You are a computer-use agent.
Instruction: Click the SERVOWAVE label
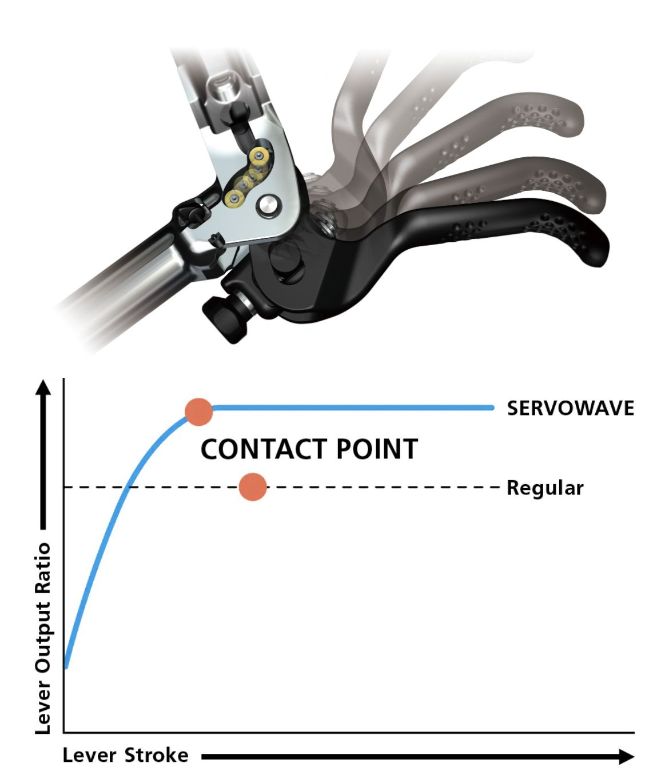click(x=570, y=408)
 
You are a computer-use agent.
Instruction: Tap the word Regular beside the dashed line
click(x=545, y=488)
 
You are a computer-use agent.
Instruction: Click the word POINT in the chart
click(x=377, y=449)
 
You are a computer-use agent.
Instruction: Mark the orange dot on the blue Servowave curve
click(x=199, y=412)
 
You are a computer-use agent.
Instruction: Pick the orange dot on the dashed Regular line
click(x=253, y=487)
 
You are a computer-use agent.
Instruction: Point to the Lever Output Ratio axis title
click(x=43, y=638)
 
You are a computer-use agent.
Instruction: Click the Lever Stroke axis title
click(x=125, y=756)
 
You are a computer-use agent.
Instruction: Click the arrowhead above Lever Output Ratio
click(x=43, y=388)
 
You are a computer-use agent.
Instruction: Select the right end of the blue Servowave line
click(x=491, y=408)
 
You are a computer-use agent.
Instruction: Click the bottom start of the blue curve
click(x=66, y=666)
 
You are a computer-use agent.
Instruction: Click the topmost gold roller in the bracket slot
click(x=260, y=155)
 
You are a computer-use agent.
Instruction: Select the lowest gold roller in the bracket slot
click(x=234, y=198)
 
